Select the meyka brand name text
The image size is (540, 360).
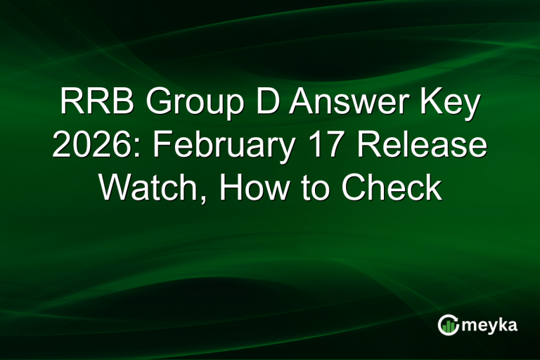[491, 325]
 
